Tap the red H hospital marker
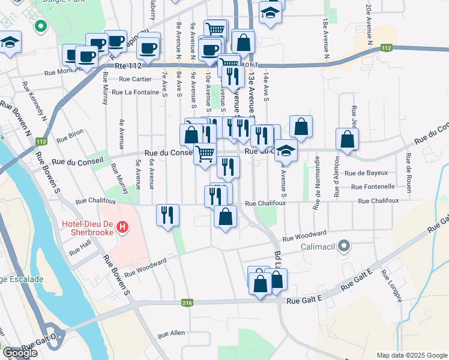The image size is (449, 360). coord(122,227)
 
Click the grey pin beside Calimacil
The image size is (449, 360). coord(343,245)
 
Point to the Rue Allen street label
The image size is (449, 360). coord(171,333)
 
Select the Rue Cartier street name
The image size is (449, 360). coord(135,79)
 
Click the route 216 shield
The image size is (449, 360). coord(187,304)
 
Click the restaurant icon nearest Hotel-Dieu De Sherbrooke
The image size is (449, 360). coord(167,215)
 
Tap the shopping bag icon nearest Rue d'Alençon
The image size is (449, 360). coord(347,139)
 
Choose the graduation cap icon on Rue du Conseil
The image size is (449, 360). coord(286,150)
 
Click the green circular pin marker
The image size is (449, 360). coord(40,26)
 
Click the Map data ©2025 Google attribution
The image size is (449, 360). coord(411,355)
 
